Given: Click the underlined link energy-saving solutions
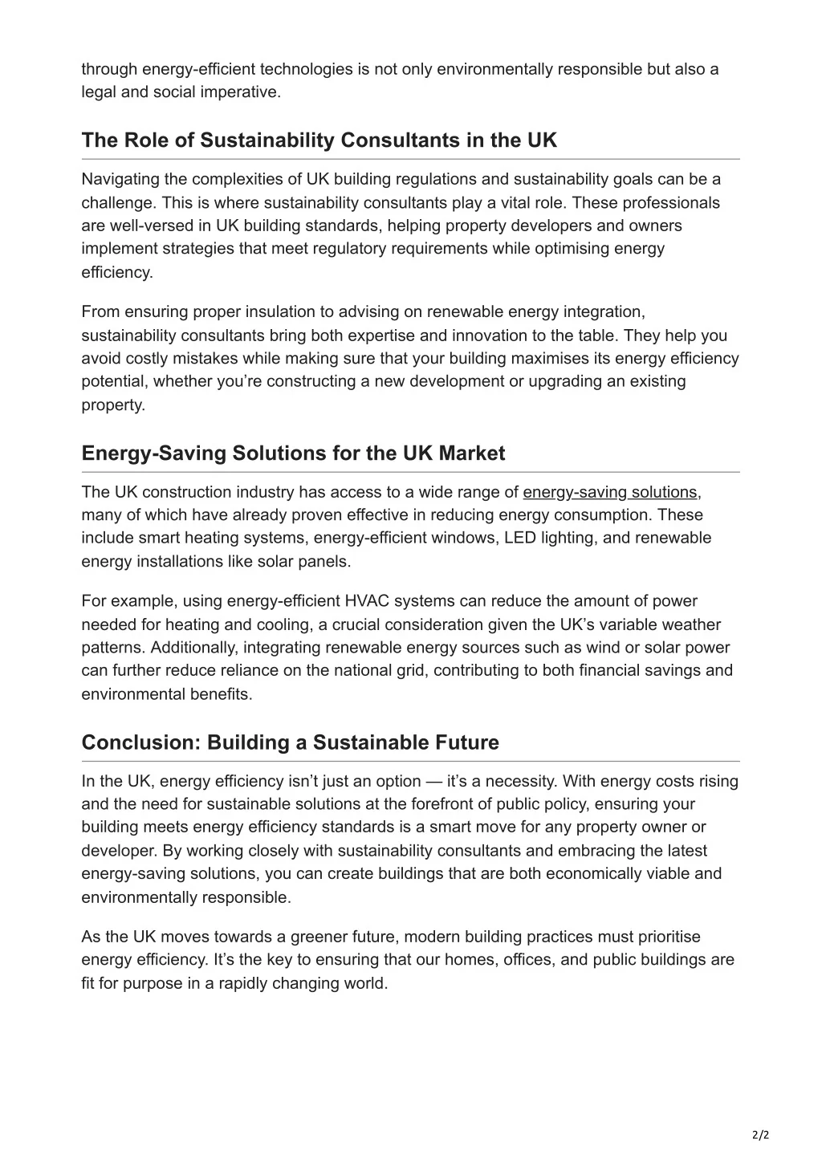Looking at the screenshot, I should (x=610, y=492).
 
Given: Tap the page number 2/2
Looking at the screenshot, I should (x=761, y=1135).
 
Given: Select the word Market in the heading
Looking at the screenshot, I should (x=471, y=453).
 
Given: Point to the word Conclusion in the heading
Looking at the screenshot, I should (x=140, y=742).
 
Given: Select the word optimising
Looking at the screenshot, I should (x=572, y=249).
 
